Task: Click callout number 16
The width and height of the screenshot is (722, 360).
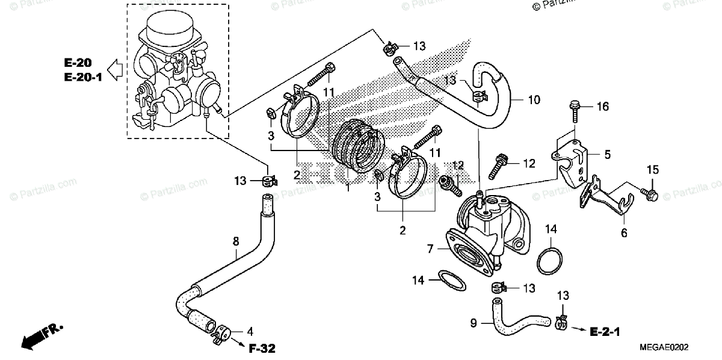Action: pos(603,107)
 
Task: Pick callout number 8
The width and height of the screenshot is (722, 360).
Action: pos(236,242)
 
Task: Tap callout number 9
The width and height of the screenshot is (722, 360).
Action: pos(473,323)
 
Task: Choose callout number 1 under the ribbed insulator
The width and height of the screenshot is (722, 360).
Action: pos(347,188)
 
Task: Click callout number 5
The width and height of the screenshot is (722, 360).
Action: pos(608,154)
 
